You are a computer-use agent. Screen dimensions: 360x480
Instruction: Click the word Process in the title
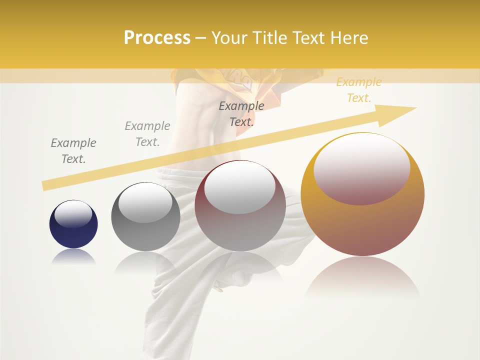pyautogui.click(x=157, y=38)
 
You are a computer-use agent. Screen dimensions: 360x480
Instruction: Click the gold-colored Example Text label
pyautogui.click(x=358, y=90)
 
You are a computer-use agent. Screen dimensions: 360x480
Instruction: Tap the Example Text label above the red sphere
pyautogui.click(x=241, y=113)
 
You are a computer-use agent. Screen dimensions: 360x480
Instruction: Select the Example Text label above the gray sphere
pyautogui.click(x=147, y=133)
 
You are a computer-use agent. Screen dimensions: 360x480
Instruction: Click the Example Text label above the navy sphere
pyautogui.click(x=73, y=150)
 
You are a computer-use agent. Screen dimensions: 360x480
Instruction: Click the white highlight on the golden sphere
pyautogui.click(x=361, y=169)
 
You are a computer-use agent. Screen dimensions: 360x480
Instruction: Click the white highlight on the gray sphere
pyautogui.click(x=145, y=203)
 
